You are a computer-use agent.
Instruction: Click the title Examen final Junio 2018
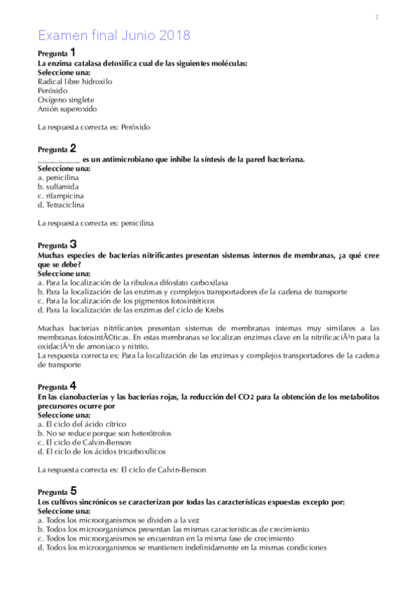click(x=113, y=35)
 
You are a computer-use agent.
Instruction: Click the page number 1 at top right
click(x=377, y=17)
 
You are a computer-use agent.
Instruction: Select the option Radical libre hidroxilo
click(x=74, y=81)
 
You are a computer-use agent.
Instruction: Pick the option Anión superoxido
click(x=68, y=109)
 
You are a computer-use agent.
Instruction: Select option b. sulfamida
click(x=58, y=187)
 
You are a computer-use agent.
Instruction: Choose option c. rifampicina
click(x=61, y=196)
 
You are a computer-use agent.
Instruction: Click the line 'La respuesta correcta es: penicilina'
click(x=95, y=223)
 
